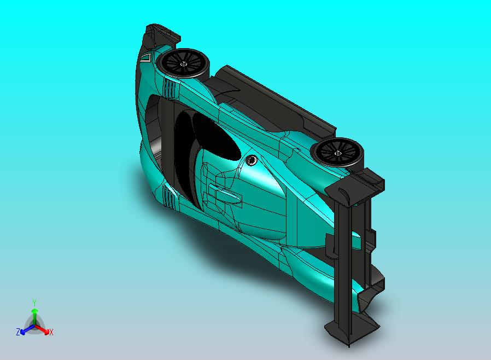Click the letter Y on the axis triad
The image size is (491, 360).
pos(34,303)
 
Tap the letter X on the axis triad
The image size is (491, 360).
pos(51,332)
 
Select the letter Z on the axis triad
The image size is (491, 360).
pos(18,332)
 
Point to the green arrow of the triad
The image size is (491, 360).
pos(34,316)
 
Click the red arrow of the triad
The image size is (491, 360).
pos(42,329)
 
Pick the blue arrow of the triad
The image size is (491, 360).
pos(27,329)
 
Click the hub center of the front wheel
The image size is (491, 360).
pos(184,64)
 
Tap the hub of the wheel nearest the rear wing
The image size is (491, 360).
pos(338,153)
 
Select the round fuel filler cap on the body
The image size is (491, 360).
pos(251,161)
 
